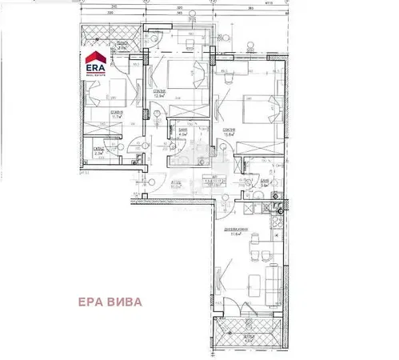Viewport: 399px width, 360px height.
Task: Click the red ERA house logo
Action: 96,58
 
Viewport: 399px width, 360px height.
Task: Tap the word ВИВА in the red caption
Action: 131,302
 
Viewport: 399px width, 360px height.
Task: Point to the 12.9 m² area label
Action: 161,94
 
